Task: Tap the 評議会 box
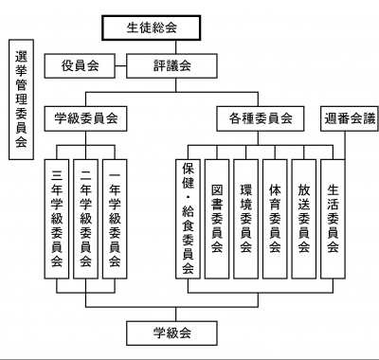pyautogui.click(x=172, y=65)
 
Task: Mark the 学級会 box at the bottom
pyautogui.click(x=172, y=333)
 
